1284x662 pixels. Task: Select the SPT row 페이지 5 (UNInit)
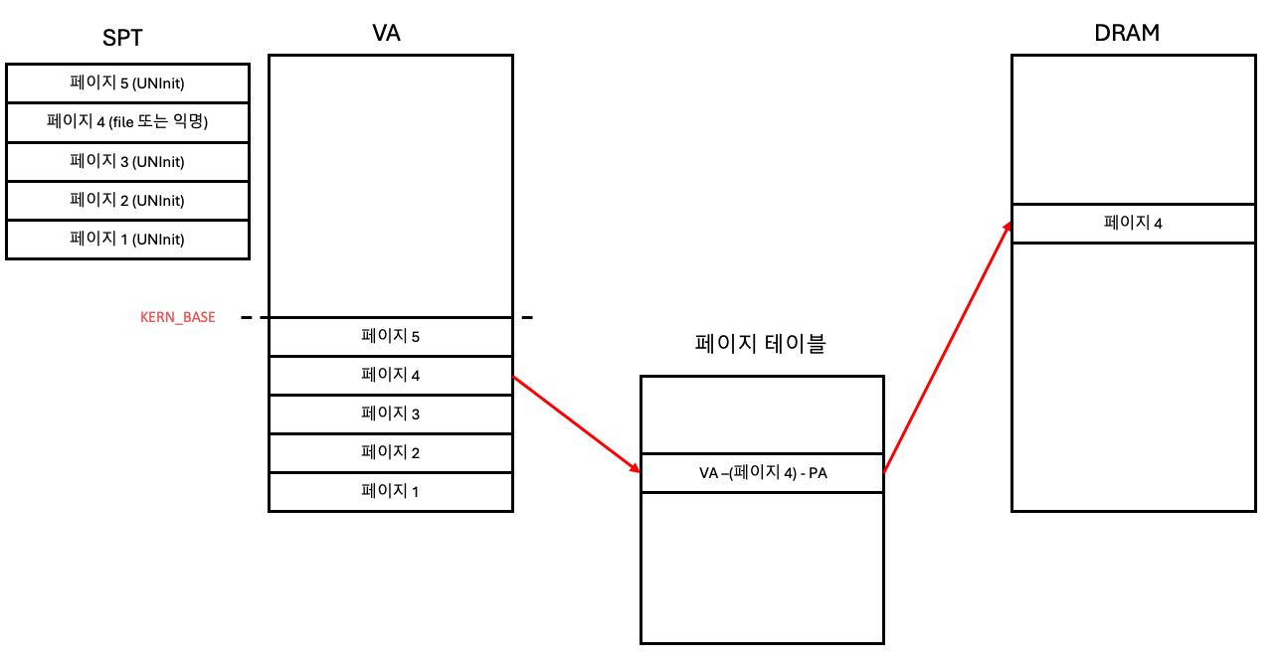(127, 83)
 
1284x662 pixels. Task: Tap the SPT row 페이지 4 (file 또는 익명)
(127, 122)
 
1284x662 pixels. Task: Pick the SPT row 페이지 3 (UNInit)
(127, 161)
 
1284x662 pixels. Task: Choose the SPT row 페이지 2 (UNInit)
(127, 200)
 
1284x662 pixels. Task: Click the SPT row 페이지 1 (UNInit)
(127, 239)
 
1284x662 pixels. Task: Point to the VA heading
(386, 33)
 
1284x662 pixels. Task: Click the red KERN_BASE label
(178, 317)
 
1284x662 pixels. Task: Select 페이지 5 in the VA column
(390, 336)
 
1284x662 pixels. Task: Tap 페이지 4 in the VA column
(390, 375)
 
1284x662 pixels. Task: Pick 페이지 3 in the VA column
(390, 414)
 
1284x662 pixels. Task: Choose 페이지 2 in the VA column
(390, 452)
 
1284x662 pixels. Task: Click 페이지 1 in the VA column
(390, 491)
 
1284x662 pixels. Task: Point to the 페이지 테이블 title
(760, 344)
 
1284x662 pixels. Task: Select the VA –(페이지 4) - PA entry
(762, 473)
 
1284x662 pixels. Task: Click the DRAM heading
(1127, 33)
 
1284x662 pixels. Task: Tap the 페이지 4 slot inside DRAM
(1133, 223)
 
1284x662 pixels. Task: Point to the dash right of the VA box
(527, 318)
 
